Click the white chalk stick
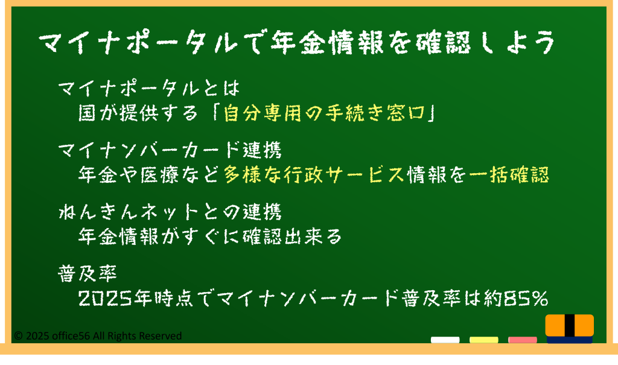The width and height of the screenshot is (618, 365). pyautogui.click(x=445, y=340)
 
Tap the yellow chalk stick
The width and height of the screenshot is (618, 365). pyautogui.click(x=483, y=340)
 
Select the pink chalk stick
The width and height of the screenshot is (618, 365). pyautogui.click(x=522, y=340)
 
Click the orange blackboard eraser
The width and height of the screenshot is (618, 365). pyautogui.click(x=570, y=329)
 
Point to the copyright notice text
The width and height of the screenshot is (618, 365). pyautogui.click(x=98, y=336)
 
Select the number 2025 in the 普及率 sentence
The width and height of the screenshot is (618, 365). pyautogui.click(x=104, y=299)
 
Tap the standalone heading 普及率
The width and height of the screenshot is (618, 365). pyautogui.click(x=87, y=273)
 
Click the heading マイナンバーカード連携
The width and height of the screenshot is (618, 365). pyautogui.click(x=170, y=150)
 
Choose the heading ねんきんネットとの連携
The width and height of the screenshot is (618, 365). pyautogui.click(x=170, y=212)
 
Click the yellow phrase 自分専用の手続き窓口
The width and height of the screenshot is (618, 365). pyautogui.click(x=324, y=113)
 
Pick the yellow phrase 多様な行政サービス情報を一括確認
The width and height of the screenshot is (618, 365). pyautogui.click(x=386, y=174)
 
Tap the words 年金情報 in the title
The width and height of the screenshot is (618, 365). pyautogui.click(x=327, y=42)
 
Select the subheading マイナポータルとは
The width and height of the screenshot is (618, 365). pyautogui.click(x=149, y=88)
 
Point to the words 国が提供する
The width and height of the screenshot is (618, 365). pyautogui.click(x=138, y=113)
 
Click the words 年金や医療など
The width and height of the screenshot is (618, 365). pyautogui.click(x=148, y=174)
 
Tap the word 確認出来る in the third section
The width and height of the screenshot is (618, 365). pyautogui.click(x=292, y=236)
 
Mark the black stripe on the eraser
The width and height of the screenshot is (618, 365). pyautogui.click(x=570, y=325)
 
